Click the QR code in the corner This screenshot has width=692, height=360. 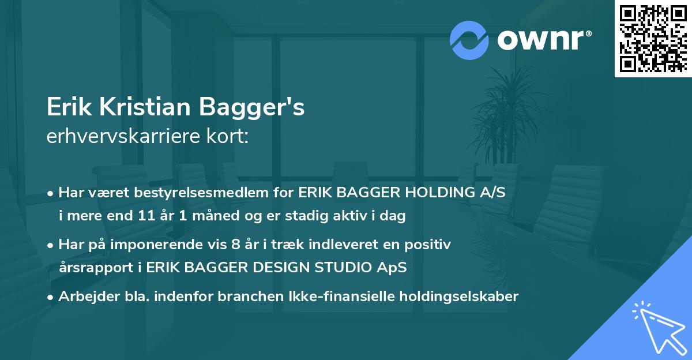click(x=653, y=38)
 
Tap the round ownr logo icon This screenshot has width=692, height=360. click(x=469, y=40)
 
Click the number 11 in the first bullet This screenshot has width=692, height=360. click(x=144, y=216)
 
